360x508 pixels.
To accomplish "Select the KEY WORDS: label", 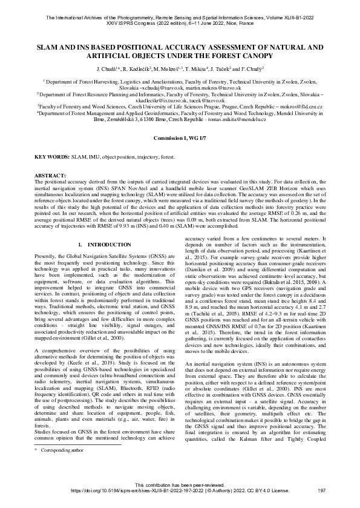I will click(x=51, y=156).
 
